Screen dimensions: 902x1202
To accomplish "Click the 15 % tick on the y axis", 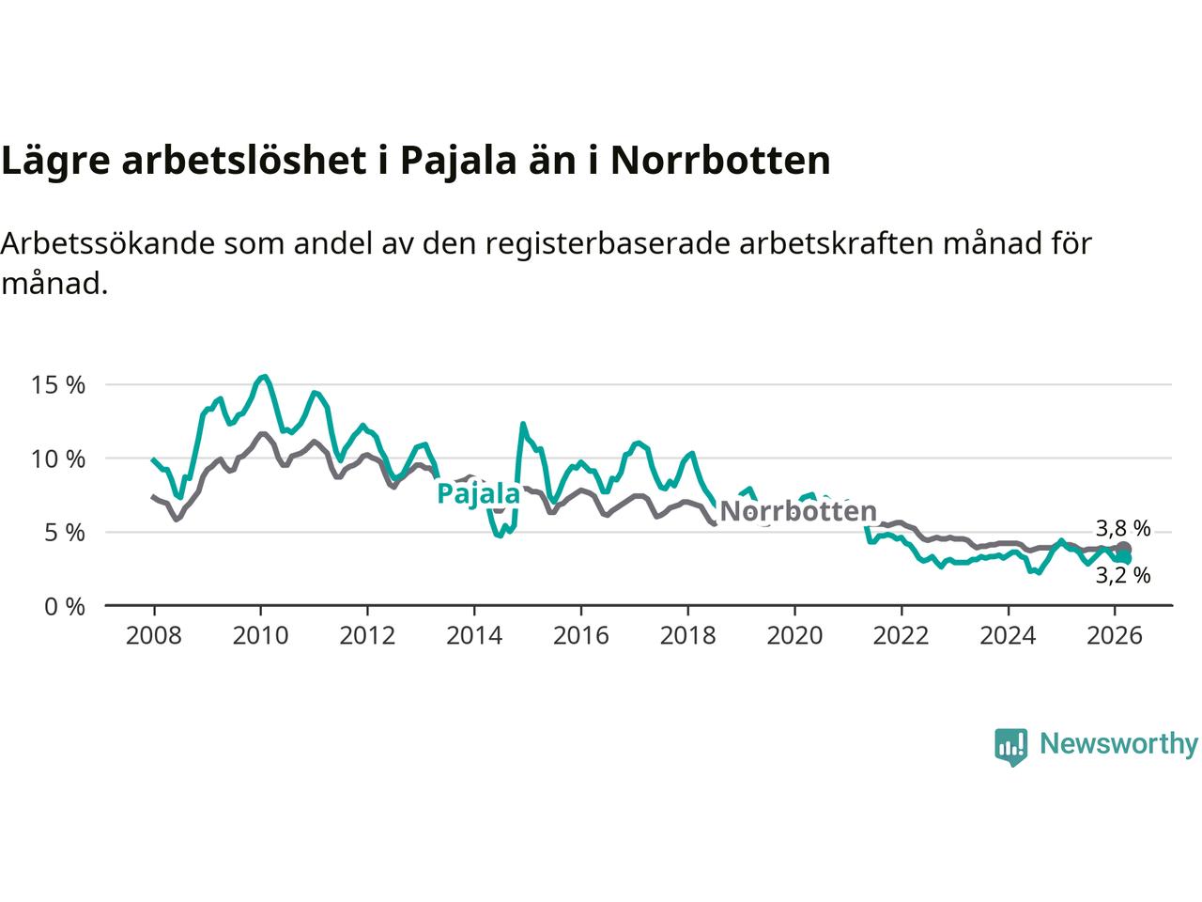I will point(58,385).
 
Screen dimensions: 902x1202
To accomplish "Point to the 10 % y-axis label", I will point(58,459).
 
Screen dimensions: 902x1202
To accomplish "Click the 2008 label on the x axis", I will point(153,636).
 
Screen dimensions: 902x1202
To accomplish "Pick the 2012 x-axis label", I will point(367,636).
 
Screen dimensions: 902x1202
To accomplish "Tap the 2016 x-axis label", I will point(581,636).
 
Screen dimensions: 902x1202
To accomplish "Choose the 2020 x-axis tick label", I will point(794,636).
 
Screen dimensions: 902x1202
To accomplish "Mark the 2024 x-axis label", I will point(1008,636).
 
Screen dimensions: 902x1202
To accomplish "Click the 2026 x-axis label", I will point(1115,636).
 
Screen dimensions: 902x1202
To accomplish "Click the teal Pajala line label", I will point(479,493).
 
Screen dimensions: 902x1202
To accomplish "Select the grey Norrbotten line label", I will point(798,512).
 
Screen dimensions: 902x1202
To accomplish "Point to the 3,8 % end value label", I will point(1123,528).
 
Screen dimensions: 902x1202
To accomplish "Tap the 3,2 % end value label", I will point(1123,575).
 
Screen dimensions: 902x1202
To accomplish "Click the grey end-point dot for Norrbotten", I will point(1124,549).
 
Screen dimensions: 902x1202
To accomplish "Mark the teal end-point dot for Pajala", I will point(1124,558).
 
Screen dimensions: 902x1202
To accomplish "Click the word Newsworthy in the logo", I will point(1118,744).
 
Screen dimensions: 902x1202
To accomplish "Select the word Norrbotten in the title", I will point(720,161).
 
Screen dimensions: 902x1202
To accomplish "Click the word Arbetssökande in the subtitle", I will point(108,243).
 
